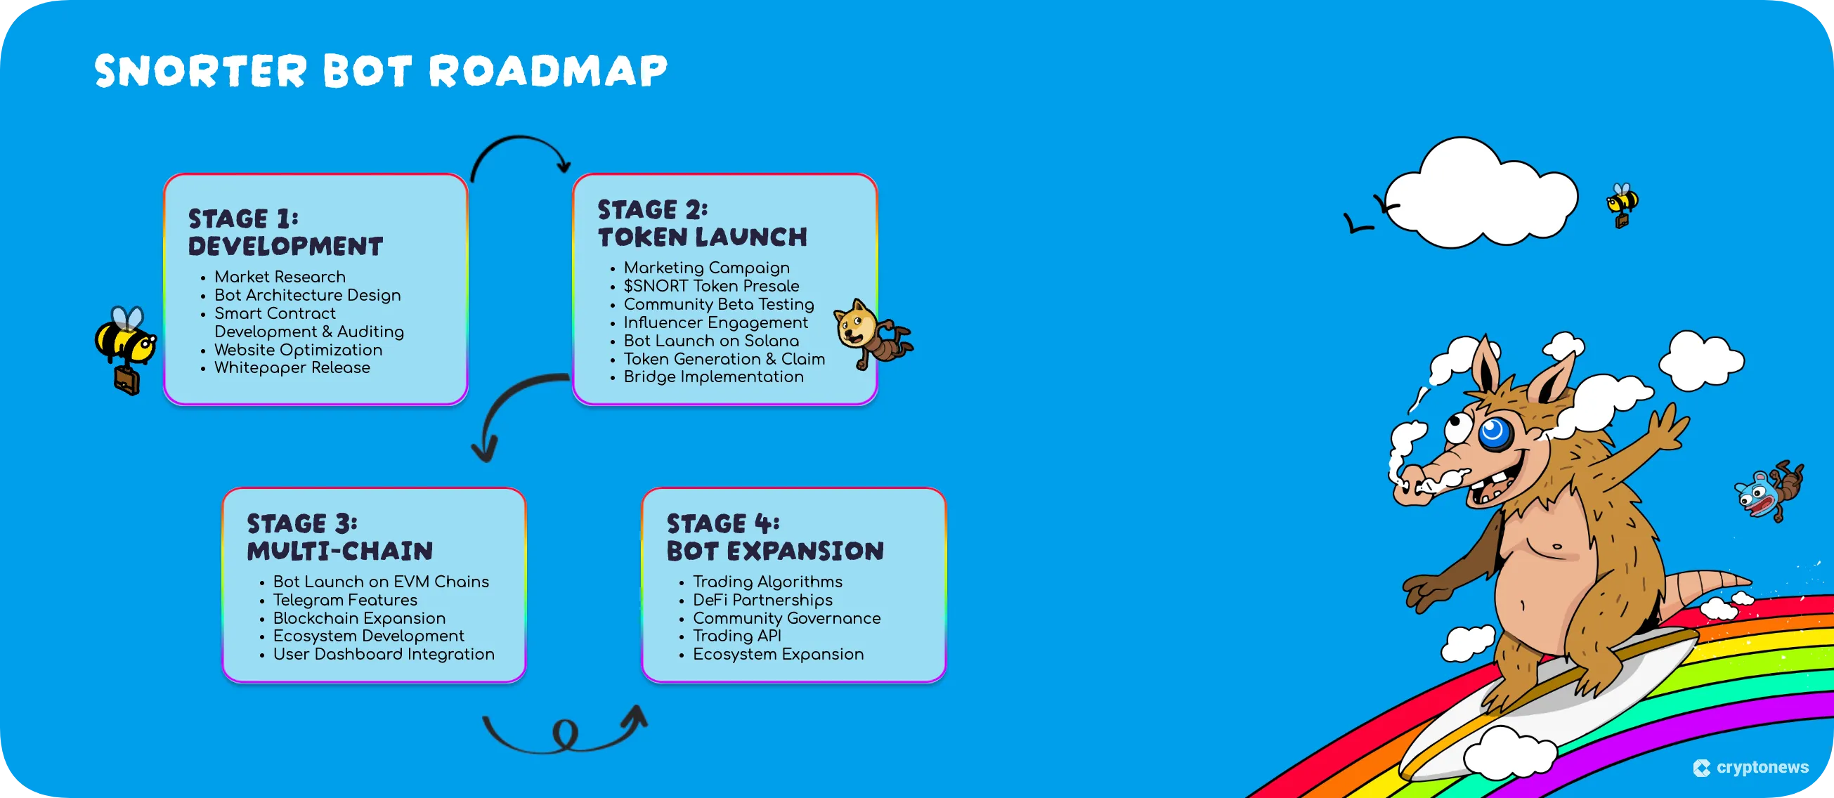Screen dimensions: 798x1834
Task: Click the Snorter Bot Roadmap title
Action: [381, 71]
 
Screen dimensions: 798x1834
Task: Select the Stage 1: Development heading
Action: [285, 232]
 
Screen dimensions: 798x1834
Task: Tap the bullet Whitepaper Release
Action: [292, 368]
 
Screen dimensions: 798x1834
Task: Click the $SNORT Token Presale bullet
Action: [710, 286]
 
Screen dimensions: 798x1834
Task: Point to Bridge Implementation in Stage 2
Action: [713, 377]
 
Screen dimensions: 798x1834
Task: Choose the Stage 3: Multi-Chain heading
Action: [339, 537]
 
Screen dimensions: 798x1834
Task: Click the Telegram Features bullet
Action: [344, 600]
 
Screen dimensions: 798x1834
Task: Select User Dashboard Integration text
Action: [383, 654]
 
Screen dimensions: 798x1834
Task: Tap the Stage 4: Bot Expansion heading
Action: [774, 537]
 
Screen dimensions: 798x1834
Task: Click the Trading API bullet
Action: [736, 636]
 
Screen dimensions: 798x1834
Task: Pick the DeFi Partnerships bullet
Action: [762, 600]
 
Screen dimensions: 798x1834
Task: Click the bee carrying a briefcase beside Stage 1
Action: [126, 349]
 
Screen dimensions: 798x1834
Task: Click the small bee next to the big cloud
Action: [1622, 204]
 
